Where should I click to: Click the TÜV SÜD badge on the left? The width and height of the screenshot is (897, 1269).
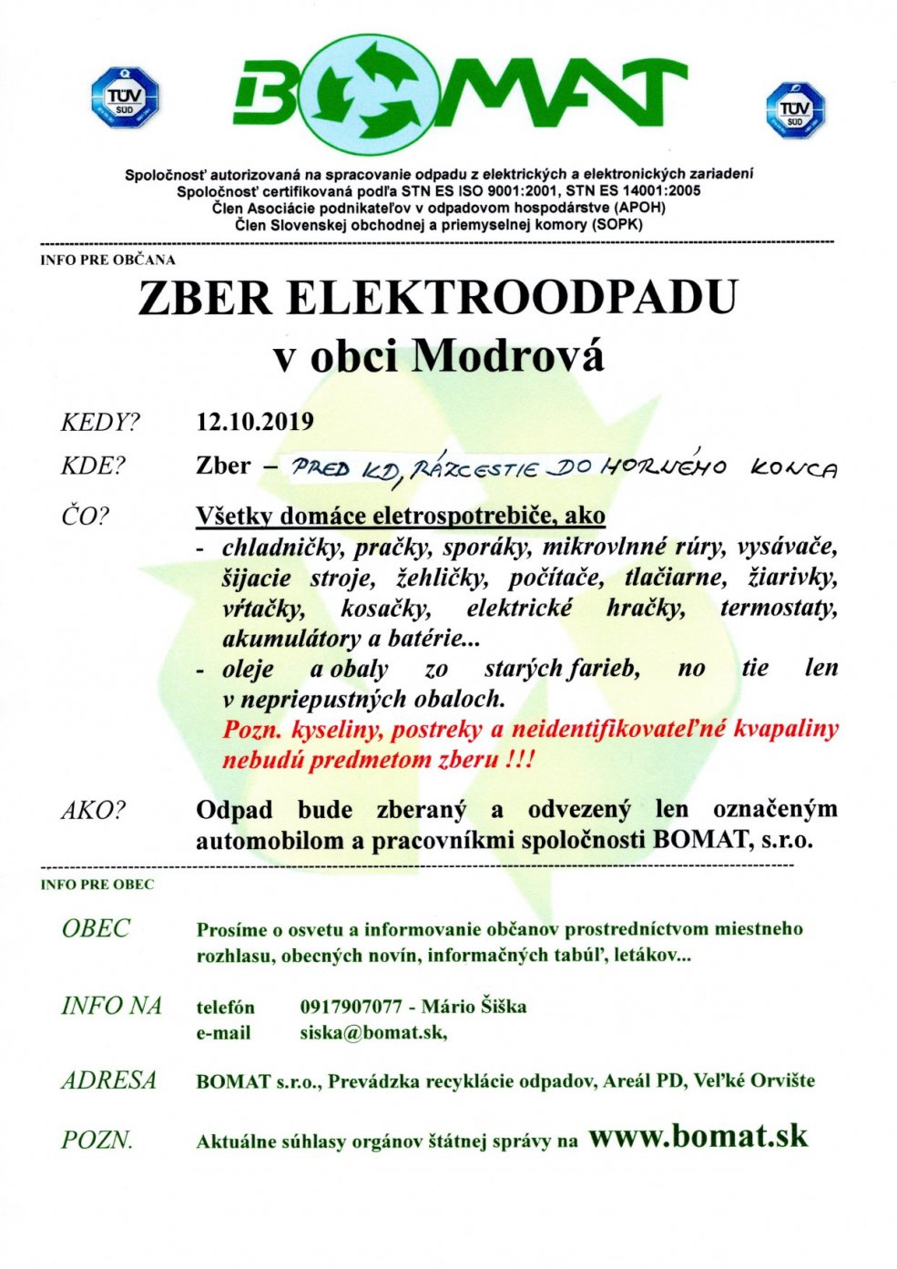(x=125, y=97)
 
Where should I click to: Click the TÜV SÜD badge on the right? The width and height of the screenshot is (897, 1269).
(x=794, y=110)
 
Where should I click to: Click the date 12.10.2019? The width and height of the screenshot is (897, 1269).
(x=255, y=422)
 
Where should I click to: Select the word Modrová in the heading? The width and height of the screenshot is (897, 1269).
(x=508, y=356)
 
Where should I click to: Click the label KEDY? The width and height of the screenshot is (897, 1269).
(x=100, y=423)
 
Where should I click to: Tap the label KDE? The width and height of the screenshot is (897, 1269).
(x=93, y=466)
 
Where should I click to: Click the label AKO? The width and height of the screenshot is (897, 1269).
(x=93, y=810)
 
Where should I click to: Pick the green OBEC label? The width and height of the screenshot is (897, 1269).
(x=96, y=928)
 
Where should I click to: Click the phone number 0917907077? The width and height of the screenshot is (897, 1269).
(x=351, y=1007)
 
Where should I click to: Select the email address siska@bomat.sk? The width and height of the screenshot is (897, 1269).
(x=372, y=1033)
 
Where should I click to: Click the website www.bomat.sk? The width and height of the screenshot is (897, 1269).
(x=698, y=1136)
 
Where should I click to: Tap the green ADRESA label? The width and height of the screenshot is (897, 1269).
(x=108, y=1080)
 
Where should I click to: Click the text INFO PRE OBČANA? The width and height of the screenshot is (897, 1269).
(x=107, y=260)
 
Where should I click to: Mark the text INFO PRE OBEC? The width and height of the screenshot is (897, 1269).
(x=97, y=885)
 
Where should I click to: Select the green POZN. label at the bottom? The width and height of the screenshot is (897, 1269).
(x=97, y=1140)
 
